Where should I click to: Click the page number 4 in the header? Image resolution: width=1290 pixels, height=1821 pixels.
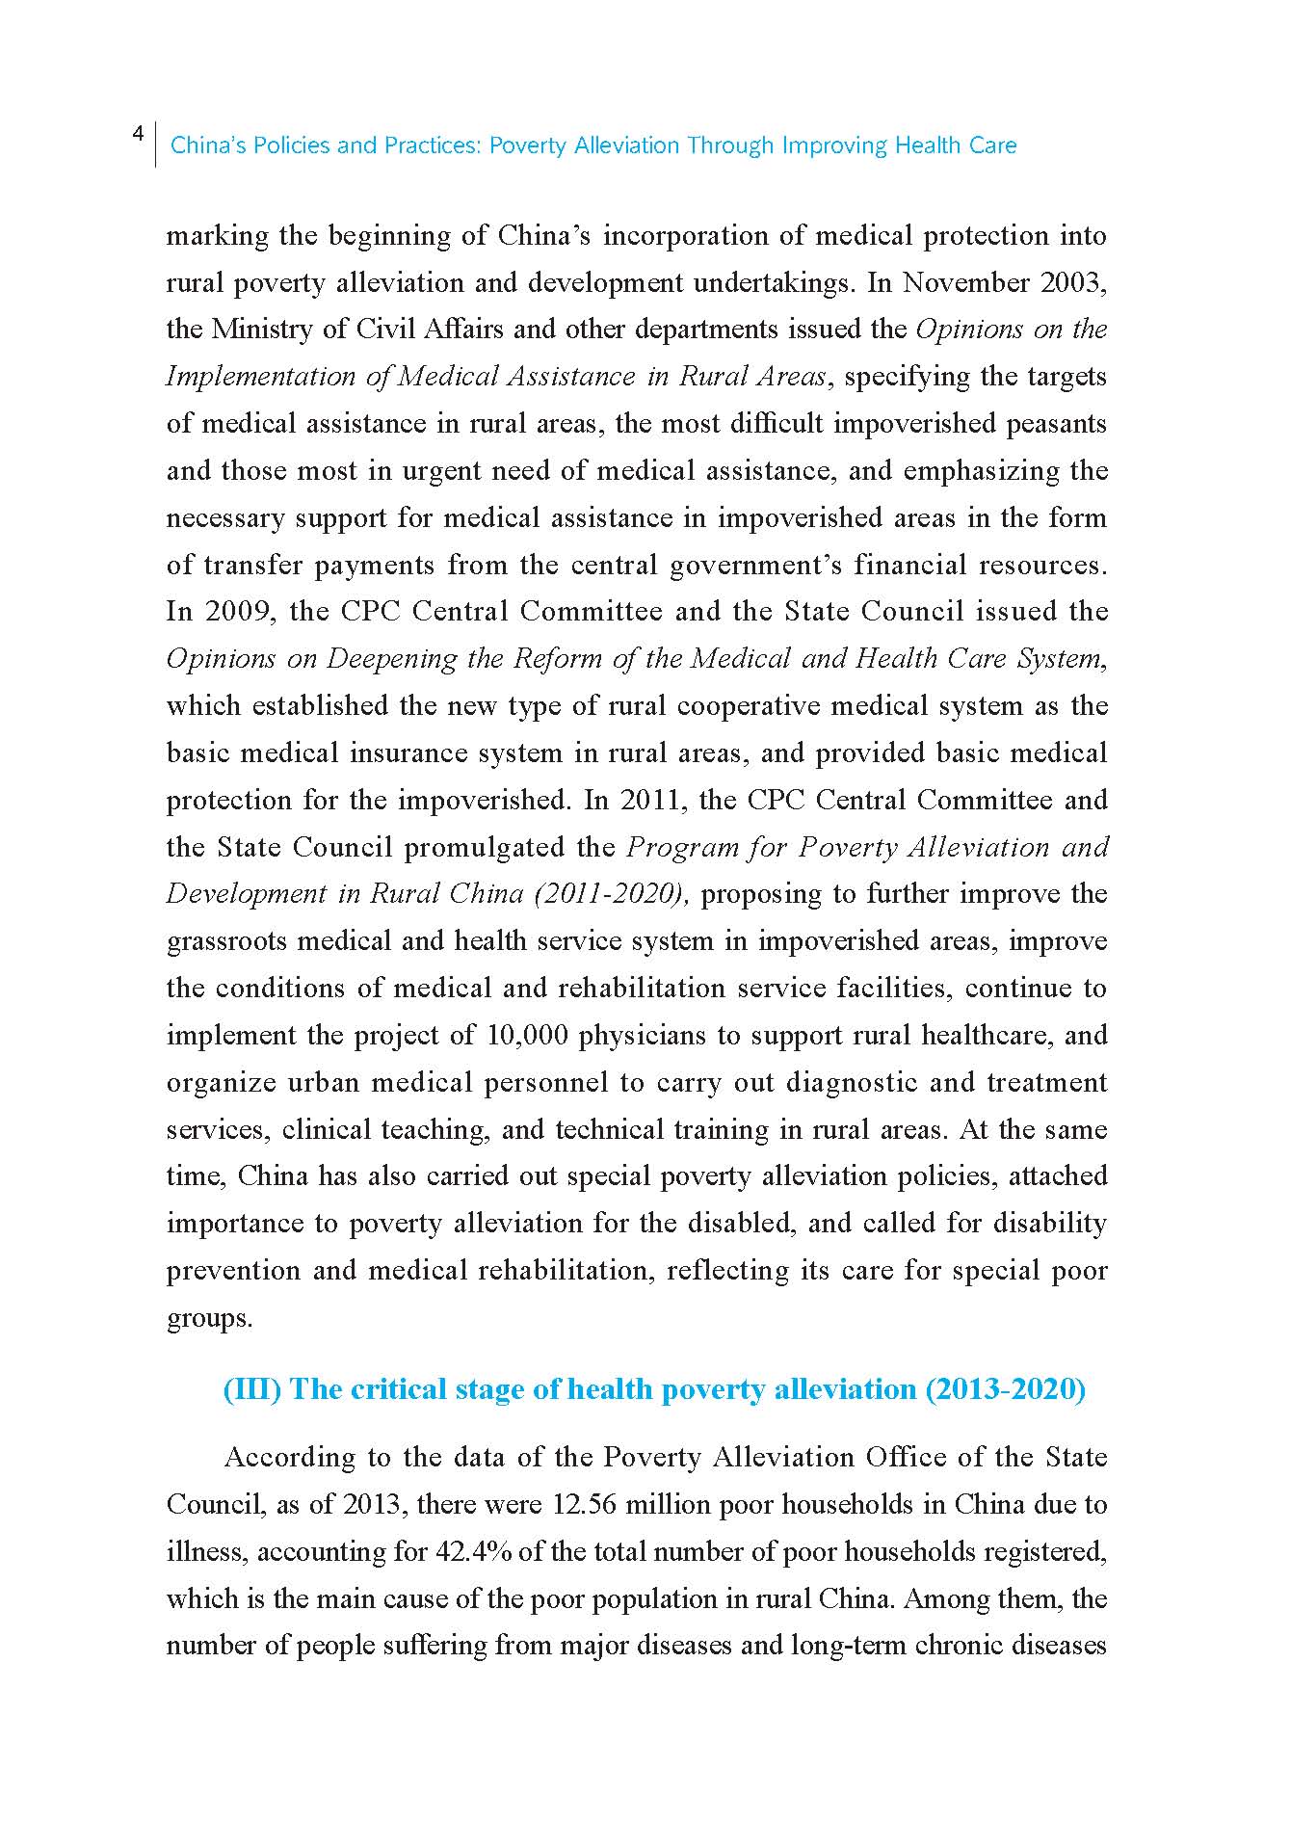pyautogui.click(x=138, y=133)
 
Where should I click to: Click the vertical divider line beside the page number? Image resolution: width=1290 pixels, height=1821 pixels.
pyautogui.click(x=155, y=145)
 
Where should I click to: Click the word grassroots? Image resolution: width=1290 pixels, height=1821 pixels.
pyautogui.click(x=226, y=941)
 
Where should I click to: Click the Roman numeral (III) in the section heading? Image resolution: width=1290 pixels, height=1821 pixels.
pyautogui.click(x=251, y=1389)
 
